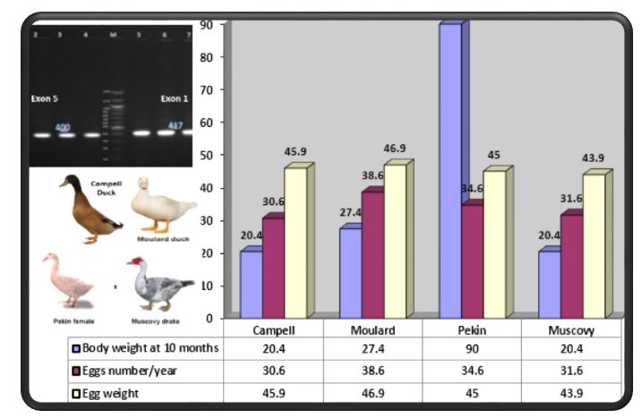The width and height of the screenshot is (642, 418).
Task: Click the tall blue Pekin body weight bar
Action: (450, 170)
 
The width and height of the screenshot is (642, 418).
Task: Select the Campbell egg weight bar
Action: (295, 242)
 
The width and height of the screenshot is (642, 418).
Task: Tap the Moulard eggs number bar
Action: (347, 254)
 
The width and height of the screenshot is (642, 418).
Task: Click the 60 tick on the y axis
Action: (209, 123)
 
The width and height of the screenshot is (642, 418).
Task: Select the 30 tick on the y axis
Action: (209, 220)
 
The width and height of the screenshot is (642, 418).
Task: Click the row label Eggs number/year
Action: (135, 371)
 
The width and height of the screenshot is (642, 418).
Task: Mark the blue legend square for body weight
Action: (76, 349)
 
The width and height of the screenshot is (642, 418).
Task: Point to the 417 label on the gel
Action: (175, 125)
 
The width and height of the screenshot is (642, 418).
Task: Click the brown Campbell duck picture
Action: (87, 210)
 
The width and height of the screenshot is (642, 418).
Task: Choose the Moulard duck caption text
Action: (162, 239)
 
